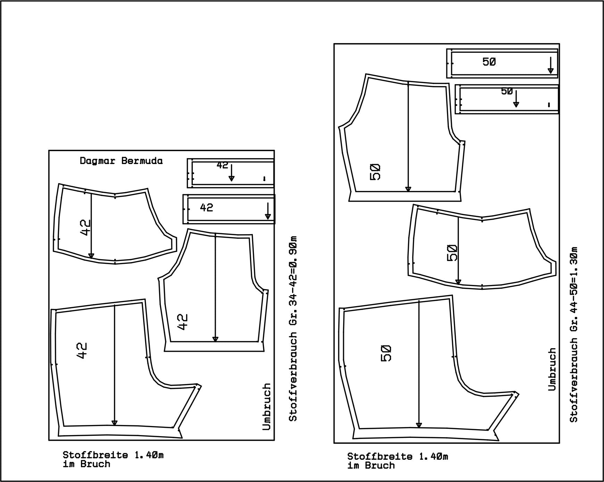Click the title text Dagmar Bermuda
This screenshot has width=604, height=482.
(x=121, y=161)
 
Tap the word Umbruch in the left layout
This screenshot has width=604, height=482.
(x=266, y=407)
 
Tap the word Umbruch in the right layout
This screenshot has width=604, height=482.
(x=552, y=369)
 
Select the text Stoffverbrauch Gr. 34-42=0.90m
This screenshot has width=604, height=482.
(x=293, y=328)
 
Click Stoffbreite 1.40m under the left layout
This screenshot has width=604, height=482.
(x=113, y=455)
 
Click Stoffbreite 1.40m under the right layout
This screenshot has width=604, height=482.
(x=397, y=456)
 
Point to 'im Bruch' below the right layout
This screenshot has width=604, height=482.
(x=371, y=465)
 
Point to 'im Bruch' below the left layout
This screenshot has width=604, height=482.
(x=86, y=464)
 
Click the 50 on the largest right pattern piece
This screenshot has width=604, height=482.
(x=386, y=353)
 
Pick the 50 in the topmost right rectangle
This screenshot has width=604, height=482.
(x=489, y=62)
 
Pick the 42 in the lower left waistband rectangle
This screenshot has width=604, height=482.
(x=206, y=207)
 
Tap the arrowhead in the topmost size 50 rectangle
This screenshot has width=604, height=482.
(x=551, y=70)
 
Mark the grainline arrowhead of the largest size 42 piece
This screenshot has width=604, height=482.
(x=114, y=423)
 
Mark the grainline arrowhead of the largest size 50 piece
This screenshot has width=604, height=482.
(x=419, y=425)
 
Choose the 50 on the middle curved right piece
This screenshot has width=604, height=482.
(x=452, y=253)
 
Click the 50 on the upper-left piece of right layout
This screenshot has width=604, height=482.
(x=376, y=172)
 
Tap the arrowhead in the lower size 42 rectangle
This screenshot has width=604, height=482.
(x=268, y=216)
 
